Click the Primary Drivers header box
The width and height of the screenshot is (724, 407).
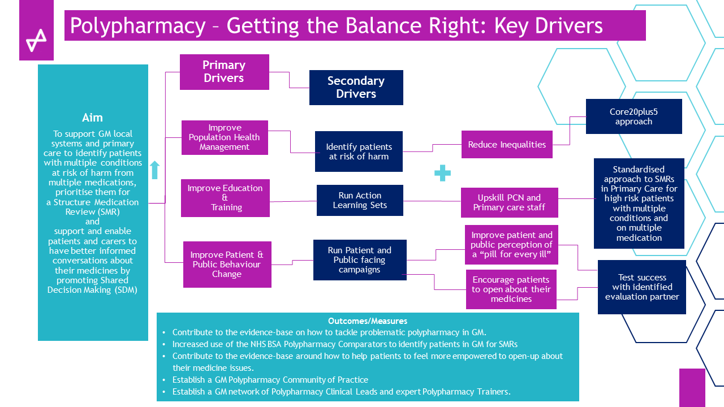pos(224,72)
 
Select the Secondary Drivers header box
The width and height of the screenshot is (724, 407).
pos(356,88)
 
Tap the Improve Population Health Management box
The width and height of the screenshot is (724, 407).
pos(225,137)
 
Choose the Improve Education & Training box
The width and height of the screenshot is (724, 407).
pos(225,198)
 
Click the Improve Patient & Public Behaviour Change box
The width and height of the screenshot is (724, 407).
pos(227,265)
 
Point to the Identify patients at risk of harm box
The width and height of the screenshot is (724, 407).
pos(359,151)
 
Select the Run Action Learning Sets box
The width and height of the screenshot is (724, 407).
pos(360,200)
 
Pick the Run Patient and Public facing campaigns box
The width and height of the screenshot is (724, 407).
pos(359,260)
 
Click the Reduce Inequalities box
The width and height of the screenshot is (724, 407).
pos(507,145)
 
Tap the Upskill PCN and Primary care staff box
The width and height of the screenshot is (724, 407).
pos(509,202)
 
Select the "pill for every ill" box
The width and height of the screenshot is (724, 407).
pos(511,245)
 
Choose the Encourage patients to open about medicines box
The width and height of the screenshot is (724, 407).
pos(511,289)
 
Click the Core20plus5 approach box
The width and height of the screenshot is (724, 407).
pos(633,116)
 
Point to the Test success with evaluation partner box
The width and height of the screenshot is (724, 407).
pos(642,287)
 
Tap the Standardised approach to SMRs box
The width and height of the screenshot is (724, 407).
pos(639,203)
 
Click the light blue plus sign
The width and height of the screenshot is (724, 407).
pos(442,174)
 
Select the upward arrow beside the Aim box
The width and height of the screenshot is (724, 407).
pos(155,170)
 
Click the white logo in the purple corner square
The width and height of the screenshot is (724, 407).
pos(36,40)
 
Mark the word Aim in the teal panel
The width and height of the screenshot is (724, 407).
pos(93,118)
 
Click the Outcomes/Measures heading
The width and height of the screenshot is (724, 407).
pos(368,321)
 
